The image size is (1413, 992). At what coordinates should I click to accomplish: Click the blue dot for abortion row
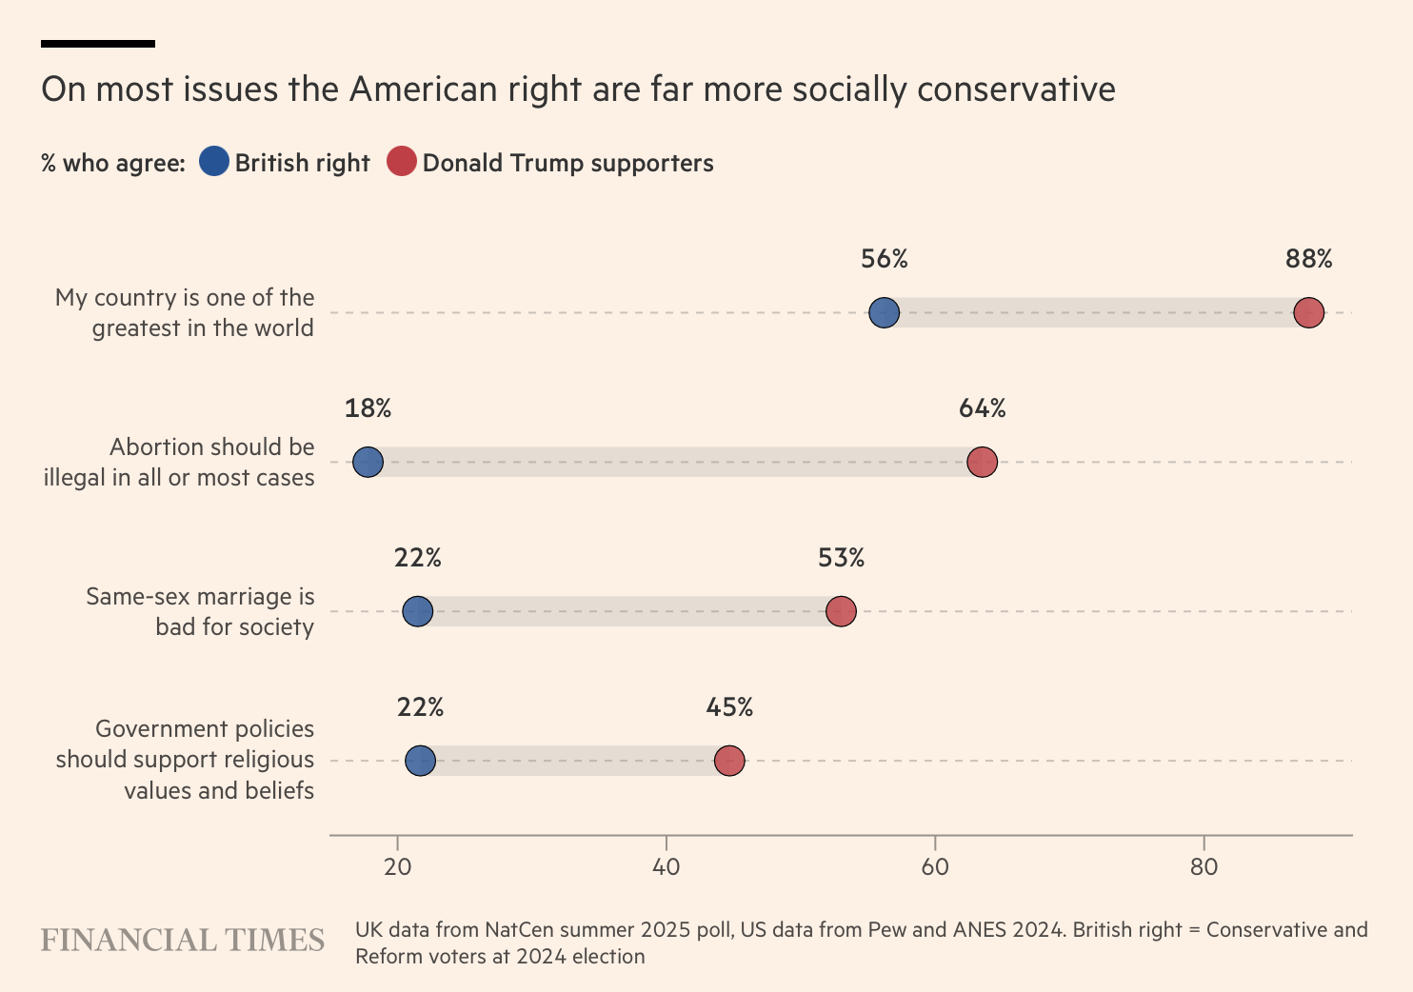[x=368, y=463]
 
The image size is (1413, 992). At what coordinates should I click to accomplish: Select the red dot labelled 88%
[x=1308, y=313]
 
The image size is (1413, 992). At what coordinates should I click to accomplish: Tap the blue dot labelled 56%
[x=884, y=313]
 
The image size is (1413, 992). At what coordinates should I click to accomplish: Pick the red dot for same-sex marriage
[x=841, y=611]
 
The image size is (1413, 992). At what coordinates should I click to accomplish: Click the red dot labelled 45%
[x=729, y=761]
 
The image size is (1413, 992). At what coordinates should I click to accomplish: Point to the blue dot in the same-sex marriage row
[x=417, y=611]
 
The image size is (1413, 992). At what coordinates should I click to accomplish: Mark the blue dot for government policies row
[x=420, y=761]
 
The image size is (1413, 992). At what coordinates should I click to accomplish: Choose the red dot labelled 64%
[x=982, y=463]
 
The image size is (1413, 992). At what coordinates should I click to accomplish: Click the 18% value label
[x=368, y=408]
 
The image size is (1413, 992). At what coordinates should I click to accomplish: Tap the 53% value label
[x=841, y=558]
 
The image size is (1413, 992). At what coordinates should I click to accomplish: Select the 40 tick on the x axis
[x=666, y=866]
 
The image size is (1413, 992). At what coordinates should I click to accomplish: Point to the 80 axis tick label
[x=1204, y=866]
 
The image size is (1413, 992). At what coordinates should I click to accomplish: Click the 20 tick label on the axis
[x=397, y=866]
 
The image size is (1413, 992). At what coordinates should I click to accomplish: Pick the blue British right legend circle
[x=214, y=162]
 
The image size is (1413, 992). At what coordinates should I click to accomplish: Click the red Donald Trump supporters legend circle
[x=402, y=162]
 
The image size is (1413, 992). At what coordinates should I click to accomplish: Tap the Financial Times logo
[x=182, y=941]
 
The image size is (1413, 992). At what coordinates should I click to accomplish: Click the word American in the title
[x=424, y=89]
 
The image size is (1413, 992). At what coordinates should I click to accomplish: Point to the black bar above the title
[x=98, y=44]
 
